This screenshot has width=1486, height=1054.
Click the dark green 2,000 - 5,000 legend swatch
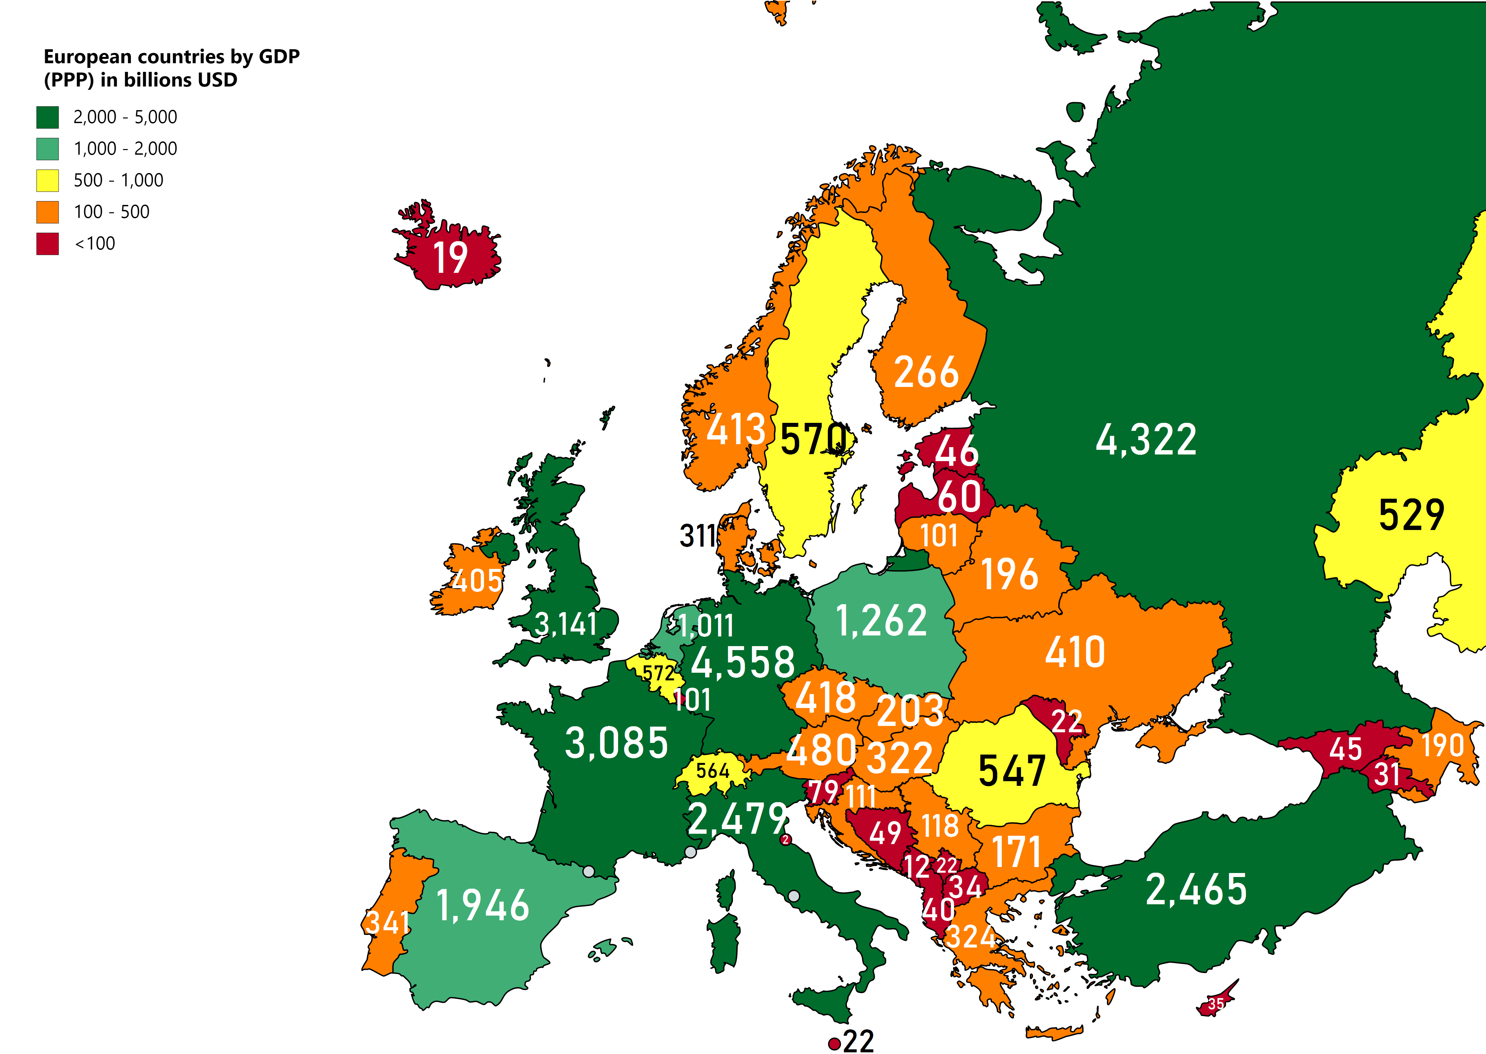pos(47,117)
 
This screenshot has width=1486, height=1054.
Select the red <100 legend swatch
pos(47,244)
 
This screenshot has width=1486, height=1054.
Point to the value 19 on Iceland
pos(450,258)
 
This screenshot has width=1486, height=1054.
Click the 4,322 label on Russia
pos(1146,440)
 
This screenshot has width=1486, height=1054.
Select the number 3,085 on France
pos(616,743)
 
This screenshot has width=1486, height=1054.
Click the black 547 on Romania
pos(1011,771)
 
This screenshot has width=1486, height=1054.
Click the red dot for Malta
pos(835,1044)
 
